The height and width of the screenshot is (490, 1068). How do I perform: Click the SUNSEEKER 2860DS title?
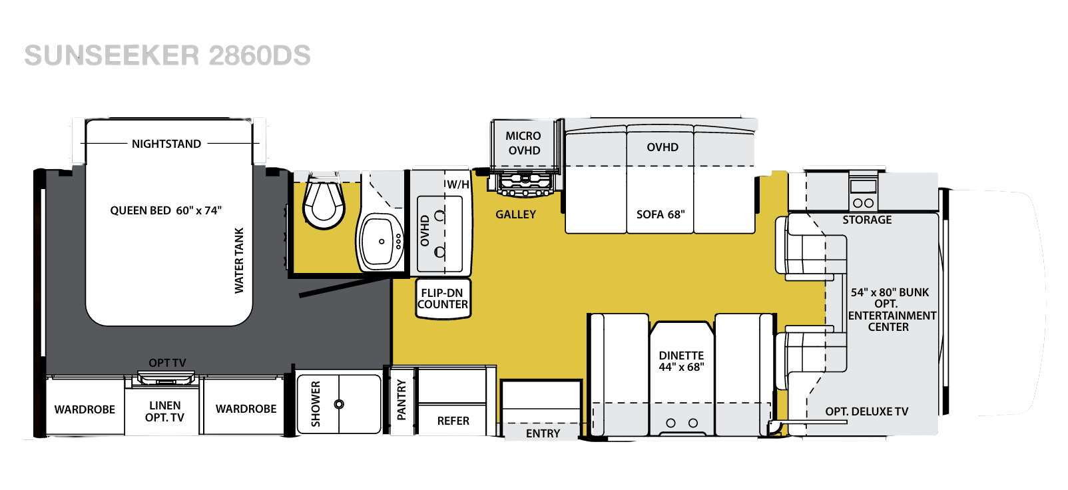click(167, 55)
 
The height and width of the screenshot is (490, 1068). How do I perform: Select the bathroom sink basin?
click(380, 242)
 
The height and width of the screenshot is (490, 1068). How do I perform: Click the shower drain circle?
click(339, 404)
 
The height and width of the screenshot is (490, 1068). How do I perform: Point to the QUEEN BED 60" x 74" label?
click(166, 210)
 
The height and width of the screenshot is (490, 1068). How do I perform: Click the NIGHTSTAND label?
click(166, 144)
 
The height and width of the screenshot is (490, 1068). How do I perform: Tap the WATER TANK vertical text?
click(239, 260)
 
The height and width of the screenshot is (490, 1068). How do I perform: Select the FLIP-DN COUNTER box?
click(443, 299)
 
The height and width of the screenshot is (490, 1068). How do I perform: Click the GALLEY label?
click(515, 214)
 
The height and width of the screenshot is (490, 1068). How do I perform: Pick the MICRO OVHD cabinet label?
click(523, 143)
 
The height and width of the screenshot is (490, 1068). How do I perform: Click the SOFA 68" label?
click(661, 214)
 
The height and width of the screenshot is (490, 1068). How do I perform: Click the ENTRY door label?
click(543, 433)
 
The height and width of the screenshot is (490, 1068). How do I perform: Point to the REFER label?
click(453, 421)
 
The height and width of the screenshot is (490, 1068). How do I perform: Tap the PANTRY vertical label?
click(401, 400)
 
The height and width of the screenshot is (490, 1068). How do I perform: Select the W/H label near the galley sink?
click(457, 184)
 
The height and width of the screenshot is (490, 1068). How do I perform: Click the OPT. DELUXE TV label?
click(867, 411)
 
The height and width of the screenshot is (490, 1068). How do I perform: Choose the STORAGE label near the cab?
click(867, 220)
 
